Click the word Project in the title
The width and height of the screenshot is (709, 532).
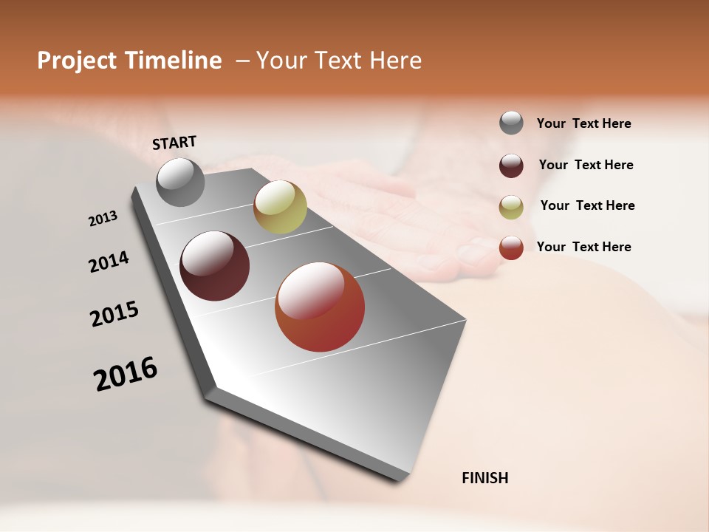pyautogui.click(x=76, y=61)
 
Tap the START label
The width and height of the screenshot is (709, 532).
pyautogui.click(x=174, y=143)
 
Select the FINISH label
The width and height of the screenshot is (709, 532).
pyautogui.click(x=484, y=478)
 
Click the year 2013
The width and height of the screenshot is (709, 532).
pyautogui.click(x=103, y=218)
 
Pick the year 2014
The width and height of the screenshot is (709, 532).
pyautogui.click(x=109, y=262)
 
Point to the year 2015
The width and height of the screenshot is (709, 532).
pyautogui.click(x=114, y=314)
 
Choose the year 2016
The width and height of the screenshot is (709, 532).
pyautogui.click(x=126, y=374)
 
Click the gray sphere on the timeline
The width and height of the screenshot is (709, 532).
pyautogui.click(x=180, y=182)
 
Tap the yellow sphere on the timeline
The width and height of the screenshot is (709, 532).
pyautogui.click(x=280, y=206)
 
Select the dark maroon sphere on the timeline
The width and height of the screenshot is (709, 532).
pyautogui.click(x=214, y=266)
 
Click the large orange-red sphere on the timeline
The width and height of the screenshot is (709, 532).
pyautogui.click(x=320, y=307)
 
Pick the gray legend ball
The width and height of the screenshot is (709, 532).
pyautogui.click(x=511, y=123)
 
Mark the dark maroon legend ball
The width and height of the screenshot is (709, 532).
pyautogui.click(x=511, y=166)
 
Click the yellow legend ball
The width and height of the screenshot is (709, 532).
pyautogui.click(x=511, y=207)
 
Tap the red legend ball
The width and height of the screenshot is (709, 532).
pyautogui.click(x=511, y=248)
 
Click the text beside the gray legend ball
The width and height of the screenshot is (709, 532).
pyautogui.click(x=583, y=123)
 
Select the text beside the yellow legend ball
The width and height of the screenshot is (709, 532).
pyautogui.click(x=587, y=205)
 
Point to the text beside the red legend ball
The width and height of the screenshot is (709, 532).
pyautogui.click(x=583, y=247)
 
